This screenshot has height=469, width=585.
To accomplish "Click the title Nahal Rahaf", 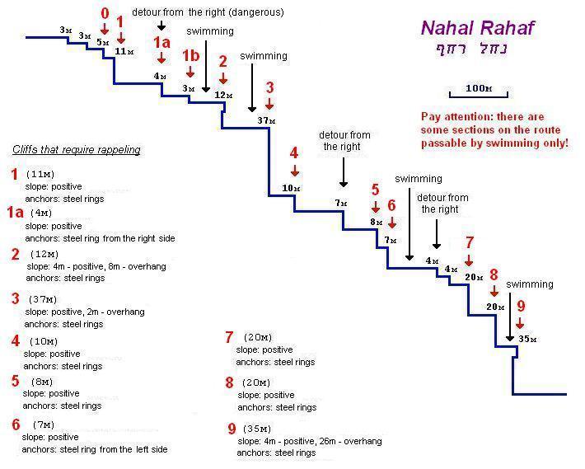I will (477, 28).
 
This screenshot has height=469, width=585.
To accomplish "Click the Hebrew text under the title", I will (476, 49).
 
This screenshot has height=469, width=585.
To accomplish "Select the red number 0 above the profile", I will (105, 14).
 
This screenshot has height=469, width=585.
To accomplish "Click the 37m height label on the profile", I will (266, 120).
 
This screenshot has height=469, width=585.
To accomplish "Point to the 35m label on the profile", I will (527, 339).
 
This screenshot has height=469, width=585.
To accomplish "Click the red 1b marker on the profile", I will (191, 56).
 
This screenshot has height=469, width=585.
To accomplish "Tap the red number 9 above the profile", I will (521, 306).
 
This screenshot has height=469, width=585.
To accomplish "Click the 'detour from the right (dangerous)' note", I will (208, 12).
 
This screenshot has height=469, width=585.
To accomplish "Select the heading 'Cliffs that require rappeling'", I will (76, 149).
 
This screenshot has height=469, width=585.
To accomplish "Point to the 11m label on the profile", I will (124, 51).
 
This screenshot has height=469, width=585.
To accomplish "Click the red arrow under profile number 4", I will (294, 171).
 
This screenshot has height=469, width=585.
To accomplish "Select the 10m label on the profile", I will (291, 188).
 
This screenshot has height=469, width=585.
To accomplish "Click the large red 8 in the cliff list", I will (229, 382).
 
